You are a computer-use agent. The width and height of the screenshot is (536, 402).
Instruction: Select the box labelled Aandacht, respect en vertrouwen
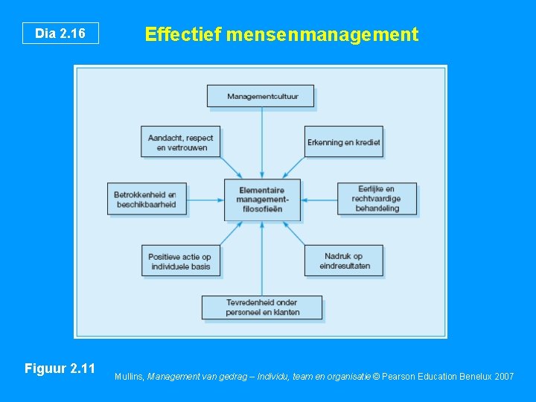pos(180,141)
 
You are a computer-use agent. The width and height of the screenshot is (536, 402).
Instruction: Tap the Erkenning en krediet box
pos(344,141)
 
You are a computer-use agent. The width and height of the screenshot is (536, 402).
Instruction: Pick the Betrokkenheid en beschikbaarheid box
pos(145,199)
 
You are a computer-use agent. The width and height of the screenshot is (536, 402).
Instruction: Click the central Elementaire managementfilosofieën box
pos(262,199)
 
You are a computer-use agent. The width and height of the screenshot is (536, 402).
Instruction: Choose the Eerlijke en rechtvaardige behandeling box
pos(376,198)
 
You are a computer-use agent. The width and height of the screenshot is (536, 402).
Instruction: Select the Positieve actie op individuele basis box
pos(181,261)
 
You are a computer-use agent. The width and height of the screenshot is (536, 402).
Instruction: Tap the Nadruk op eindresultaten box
pos(343,261)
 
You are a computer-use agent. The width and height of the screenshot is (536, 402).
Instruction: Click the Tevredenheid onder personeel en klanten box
pos(262,307)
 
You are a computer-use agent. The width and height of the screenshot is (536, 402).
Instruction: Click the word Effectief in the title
pos(184,34)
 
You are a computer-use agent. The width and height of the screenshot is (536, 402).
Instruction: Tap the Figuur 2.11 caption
pos(60,368)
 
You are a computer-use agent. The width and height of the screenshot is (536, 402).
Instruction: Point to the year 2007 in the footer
pos(503,377)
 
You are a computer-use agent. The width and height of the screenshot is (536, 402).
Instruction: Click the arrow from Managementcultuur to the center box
pos(261,141)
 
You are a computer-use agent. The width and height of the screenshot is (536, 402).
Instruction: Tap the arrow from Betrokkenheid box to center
pos(205,200)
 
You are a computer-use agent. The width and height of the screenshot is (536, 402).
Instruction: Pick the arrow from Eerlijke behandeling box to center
pos(319,200)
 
